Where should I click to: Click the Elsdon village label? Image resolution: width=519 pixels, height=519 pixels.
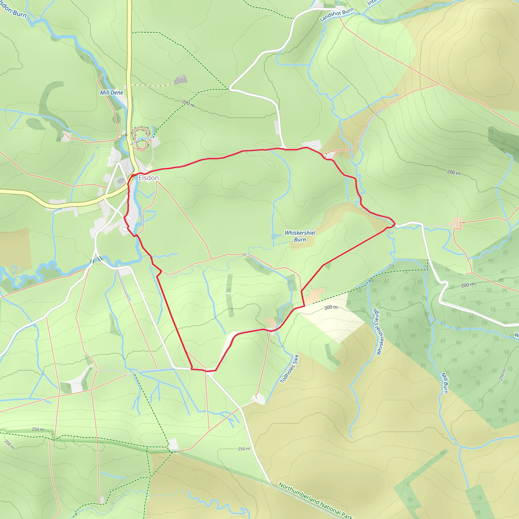click(x=149, y=178)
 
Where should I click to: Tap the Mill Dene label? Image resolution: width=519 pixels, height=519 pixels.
click(x=112, y=93)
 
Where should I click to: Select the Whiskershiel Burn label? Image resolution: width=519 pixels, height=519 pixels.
click(x=300, y=236)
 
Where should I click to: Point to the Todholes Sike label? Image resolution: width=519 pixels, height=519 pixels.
click(x=289, y=368)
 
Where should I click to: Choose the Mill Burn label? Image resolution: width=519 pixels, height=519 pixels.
click(x=445, y=383)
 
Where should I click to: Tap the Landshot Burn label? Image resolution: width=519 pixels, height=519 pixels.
click(x=336, y=14)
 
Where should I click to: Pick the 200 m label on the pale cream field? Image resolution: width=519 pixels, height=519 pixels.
click(x=331, y=307)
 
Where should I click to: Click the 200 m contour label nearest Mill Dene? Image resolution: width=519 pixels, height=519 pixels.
click(x=188, y=103)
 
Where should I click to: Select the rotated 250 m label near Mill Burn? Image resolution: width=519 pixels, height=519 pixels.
click(x=502, y=375)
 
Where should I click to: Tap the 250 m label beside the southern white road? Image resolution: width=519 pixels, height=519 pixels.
click(x=244, y=449)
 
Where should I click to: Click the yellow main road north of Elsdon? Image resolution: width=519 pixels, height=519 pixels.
click(x=129, y=67)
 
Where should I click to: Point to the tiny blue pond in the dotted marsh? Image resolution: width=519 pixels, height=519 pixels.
click(x=97, y=148)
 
